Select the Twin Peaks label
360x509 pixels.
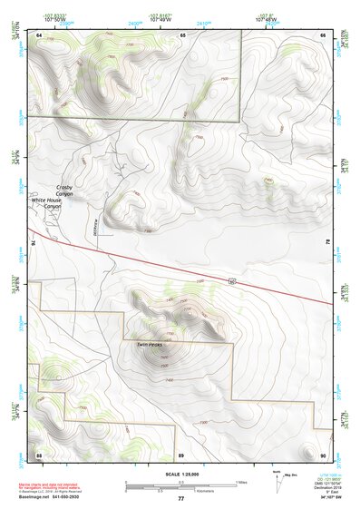click(149, 345)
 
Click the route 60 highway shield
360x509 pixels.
click(232, 282)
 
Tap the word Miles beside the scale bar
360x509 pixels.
click(241, 482)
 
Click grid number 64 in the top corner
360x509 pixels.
click(39, 34)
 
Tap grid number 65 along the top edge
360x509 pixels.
click(182, 34)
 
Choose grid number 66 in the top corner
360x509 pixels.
click(323, 34)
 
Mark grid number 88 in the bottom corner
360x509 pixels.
click(39, 455)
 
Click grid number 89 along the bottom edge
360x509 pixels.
click(180, 455)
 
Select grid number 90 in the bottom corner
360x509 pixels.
click(323, 455)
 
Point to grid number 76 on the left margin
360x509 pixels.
click(33, 243)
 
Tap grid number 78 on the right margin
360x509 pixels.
click(328, 243)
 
